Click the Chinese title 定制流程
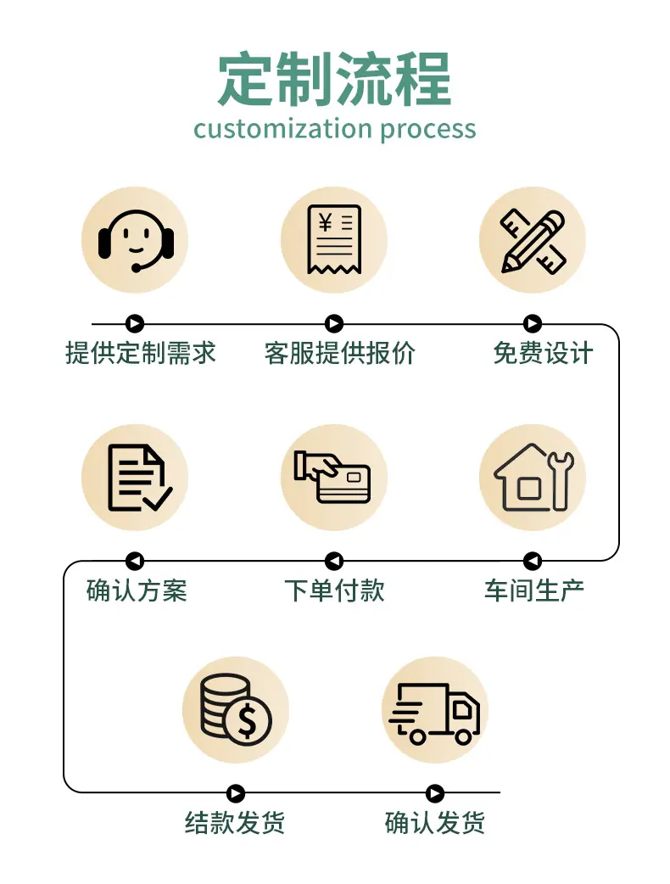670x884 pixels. click(335, 79)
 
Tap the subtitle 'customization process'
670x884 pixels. click(335, 129)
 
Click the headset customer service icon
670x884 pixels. click(136, 241)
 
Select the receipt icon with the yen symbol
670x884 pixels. click(334, 239)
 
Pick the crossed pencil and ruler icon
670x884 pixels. click(533, 241)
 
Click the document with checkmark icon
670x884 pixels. click(139, 478)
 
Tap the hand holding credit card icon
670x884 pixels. click(332, 477)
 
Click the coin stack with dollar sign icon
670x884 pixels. click(236, 709)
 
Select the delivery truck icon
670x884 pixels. click(434, 713)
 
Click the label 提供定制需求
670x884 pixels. click(141, 354)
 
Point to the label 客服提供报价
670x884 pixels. click(340, 354)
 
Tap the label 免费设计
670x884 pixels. click(544, 354)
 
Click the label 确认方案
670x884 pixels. click(137, 590)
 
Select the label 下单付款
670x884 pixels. click(335, 590)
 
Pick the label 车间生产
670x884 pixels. click(533, 590)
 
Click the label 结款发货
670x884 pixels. click(235, 823)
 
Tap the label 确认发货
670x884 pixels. click(434, 823)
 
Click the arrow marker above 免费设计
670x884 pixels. click(533, 323)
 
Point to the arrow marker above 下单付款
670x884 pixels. click(334, 561)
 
